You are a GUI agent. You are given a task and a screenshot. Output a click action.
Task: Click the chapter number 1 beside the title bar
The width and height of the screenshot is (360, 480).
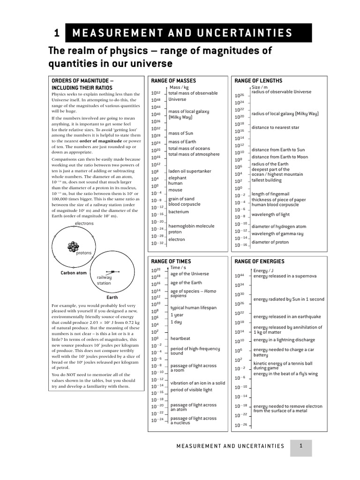56,33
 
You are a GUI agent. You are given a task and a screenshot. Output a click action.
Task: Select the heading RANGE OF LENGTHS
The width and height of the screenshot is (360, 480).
258,81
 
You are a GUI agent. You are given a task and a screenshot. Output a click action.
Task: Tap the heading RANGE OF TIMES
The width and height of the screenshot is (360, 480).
171,261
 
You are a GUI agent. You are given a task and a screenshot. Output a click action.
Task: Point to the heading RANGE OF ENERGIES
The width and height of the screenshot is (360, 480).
259,261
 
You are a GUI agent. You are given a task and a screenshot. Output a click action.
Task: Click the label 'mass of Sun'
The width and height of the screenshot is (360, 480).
180,133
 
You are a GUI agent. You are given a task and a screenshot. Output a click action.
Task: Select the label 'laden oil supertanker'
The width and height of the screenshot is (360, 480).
190,171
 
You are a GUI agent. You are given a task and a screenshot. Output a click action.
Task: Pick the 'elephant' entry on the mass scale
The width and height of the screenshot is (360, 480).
177,178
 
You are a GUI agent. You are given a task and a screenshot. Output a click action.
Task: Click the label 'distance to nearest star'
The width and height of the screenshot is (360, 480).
275,127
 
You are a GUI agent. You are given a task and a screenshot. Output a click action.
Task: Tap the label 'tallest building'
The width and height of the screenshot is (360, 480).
266,180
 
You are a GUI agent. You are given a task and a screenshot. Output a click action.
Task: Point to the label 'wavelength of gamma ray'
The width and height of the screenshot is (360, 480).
277,233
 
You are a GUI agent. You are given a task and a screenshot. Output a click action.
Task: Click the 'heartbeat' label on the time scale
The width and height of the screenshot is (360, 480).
180,338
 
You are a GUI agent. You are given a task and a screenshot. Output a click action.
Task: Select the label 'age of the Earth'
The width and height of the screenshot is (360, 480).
186,283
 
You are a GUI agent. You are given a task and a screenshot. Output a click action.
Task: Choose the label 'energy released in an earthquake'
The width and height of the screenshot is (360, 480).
287,316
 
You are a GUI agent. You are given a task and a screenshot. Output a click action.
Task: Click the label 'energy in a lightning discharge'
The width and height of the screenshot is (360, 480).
284,340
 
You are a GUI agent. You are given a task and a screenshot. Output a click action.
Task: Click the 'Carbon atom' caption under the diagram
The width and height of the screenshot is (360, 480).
74,273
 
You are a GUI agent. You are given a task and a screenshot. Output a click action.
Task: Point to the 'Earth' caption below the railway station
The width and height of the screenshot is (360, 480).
112,297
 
